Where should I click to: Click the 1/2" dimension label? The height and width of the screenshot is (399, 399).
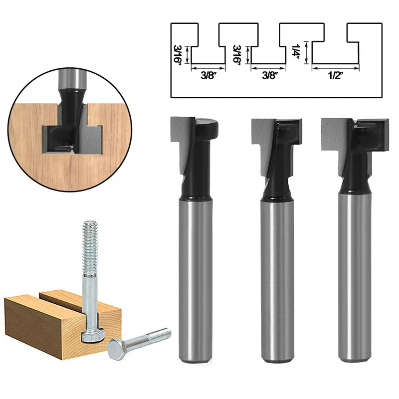point(336,76)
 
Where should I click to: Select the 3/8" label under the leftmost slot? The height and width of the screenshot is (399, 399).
point(208,76)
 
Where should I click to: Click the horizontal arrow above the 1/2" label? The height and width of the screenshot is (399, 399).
point(336,68)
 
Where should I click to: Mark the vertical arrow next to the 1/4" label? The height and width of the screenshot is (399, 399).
point(306,53)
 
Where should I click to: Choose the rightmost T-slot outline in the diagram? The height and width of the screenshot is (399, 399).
point(336,44)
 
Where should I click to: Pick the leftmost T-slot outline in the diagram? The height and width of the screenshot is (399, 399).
point(208,44)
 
